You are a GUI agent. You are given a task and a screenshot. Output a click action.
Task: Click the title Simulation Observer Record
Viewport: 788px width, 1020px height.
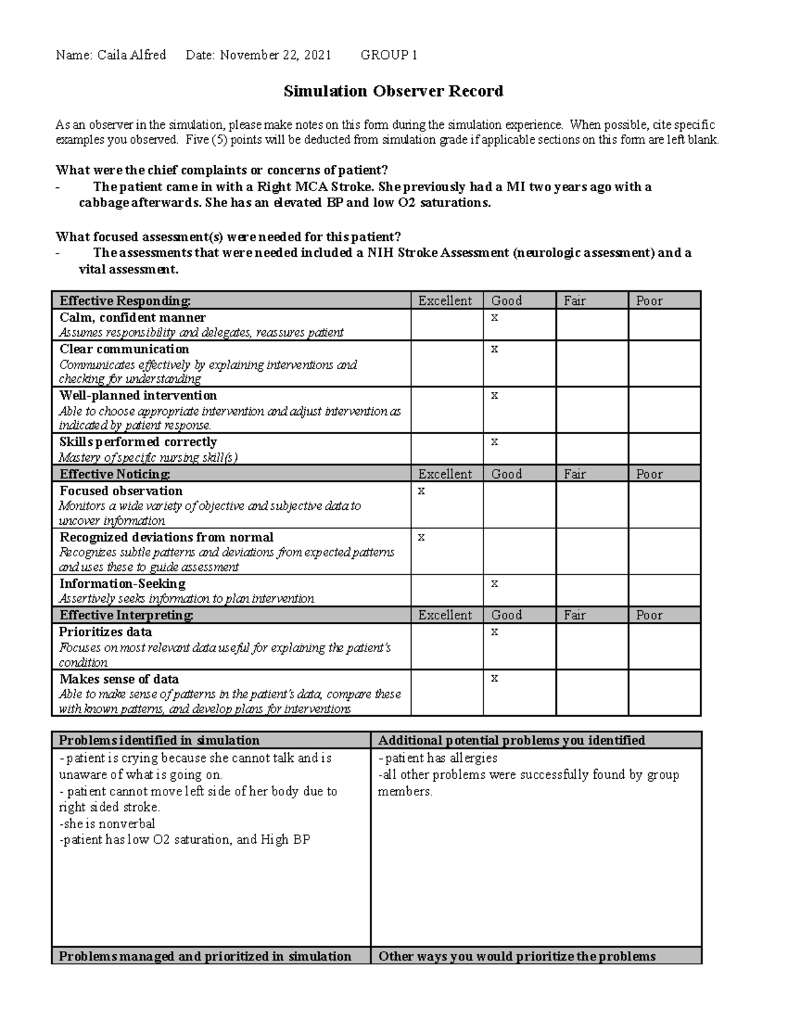pyautogui.click(x=393, y=91)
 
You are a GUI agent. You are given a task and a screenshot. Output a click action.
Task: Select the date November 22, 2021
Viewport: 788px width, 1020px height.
pyautogui.click(x=275, y=55)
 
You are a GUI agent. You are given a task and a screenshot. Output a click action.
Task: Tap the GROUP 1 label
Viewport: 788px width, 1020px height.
pyautogui.click(x=389, y=55)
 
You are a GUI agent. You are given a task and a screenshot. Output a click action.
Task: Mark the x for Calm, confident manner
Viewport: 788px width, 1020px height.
pyautogui.click(x=494, y=317)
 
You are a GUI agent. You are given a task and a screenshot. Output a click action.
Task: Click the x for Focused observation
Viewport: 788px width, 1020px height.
pyautogui.click(x=422, y=491)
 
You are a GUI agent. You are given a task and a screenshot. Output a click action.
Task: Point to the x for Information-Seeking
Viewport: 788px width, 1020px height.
pyautogui.click(x=494, y=583)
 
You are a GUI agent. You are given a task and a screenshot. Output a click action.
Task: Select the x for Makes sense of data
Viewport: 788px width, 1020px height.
pyautogui.click(x=494, y=678)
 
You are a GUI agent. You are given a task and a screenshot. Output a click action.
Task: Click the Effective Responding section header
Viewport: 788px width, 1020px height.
pyautogui.click(x=125, y=301)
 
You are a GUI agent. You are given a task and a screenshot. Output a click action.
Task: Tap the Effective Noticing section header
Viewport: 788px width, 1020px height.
pyautogui.click(x=115, y=474)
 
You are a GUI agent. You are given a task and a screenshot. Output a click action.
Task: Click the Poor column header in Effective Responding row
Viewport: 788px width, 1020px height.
pyautogui.click(x=649, y=301)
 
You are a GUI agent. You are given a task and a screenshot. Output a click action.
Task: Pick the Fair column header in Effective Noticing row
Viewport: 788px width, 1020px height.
pyautogui.click(x=575, y=474)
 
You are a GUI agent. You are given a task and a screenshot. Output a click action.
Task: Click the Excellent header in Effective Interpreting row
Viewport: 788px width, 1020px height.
pyautogui.click(x=445, y=615)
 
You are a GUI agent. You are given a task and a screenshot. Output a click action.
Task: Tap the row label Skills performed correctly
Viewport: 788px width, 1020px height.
pyautogui.click(x=138, y=442)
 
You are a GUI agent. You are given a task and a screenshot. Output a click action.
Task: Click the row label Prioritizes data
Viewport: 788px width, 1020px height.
pyautogui.click(x=106, y=632)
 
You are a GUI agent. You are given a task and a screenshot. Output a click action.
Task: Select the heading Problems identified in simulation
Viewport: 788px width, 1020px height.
pyautogui.click(x=159, y=740)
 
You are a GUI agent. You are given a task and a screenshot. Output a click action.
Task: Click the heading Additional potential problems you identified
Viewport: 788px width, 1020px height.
pyautogui.click(x=512, y=740)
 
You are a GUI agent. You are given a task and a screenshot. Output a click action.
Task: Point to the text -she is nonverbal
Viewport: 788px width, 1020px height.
pyautogui.click(x=107, y=824)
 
